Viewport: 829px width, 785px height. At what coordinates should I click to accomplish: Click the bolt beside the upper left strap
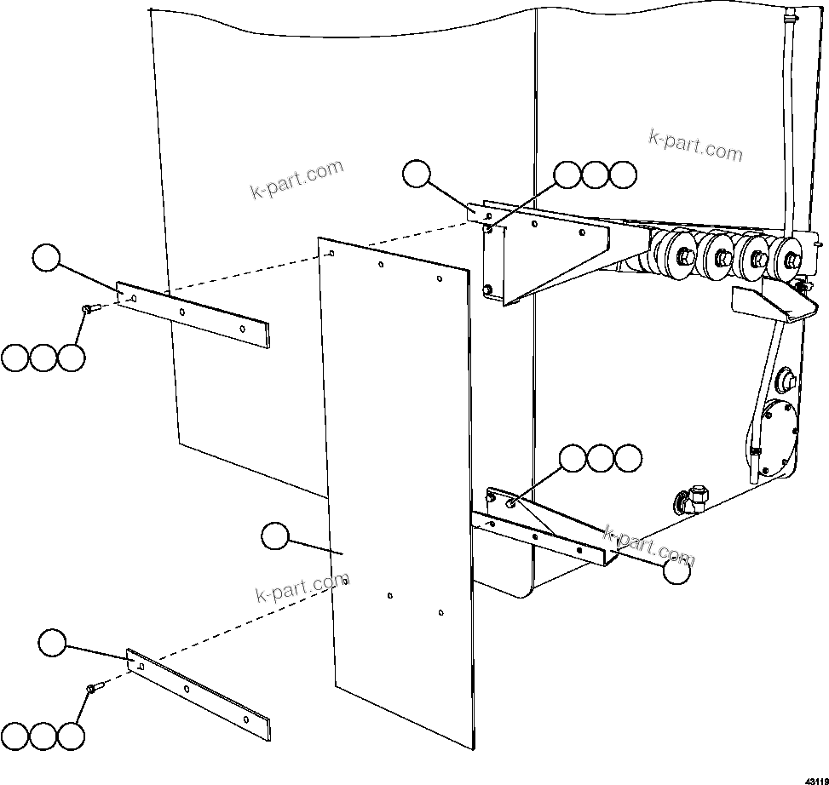pyautogui.click(x=89, y=309)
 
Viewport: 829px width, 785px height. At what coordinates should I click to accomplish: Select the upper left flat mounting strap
pyautogui.click(x=193, y=314)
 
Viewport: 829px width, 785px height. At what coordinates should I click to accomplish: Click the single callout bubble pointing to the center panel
pyautogui.click(x=274, y=536)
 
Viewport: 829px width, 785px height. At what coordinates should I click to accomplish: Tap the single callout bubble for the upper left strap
pyautogui.click(x=46, y=256)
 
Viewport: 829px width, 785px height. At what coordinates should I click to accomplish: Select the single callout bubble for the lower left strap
pyautogui.click(x=52, y=643)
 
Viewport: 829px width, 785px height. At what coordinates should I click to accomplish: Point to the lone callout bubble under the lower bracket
pyautogui.click(x=676, y=573)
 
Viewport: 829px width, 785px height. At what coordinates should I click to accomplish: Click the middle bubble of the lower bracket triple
pyautogui.click(x=601, y=458)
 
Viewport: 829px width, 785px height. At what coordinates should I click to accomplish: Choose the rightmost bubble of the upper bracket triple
pyautogui.click(x=624, y=175)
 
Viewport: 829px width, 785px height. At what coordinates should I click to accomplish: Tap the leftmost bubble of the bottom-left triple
pyautogui.click(x=14, y=737)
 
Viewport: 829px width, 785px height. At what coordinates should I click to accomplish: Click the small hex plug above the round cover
pyautogui.click(x=787, y=375)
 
